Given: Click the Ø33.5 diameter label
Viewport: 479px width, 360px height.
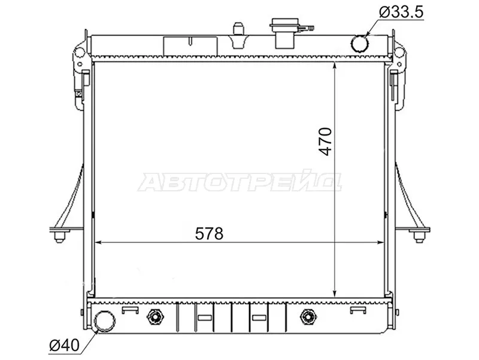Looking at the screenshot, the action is click(x=401, y=12).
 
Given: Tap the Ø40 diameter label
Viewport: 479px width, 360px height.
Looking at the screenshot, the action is click(x=64, y=346).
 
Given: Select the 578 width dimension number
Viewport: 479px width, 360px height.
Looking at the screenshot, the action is click(x=209, y=233).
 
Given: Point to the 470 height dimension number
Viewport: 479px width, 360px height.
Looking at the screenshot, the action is click(x=325, y=142).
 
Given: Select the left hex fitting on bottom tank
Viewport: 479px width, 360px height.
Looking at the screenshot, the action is click(x=156, y=317).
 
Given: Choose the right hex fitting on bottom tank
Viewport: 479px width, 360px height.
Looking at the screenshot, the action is click(x=308, y=317).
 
